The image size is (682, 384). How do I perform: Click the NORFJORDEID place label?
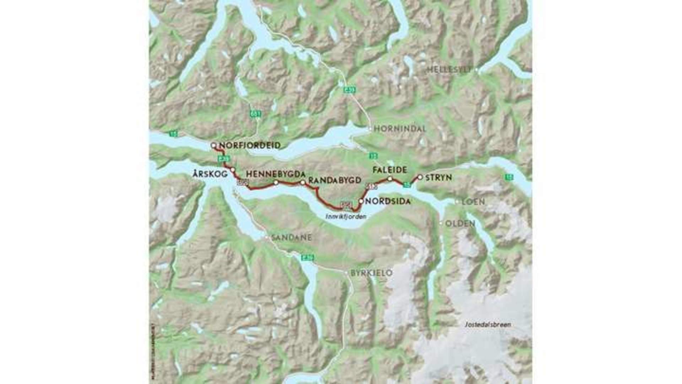point(250,145)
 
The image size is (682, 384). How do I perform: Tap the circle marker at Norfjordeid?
point(213,145)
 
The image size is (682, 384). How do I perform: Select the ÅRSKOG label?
point(210,174)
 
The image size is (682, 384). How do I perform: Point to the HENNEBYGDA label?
point(276,174)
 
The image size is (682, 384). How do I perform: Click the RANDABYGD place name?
point(335,180)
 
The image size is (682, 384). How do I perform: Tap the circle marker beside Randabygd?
point(303,183)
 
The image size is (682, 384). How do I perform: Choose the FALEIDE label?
point(389,170)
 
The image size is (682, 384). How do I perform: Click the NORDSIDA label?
point(388,201)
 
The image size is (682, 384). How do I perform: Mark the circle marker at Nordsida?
point(361,201)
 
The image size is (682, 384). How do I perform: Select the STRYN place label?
point(438,177)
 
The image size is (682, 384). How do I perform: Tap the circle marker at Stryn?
point(420,177)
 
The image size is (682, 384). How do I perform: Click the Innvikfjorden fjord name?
point(346,216)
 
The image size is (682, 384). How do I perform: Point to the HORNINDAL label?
point(399,129)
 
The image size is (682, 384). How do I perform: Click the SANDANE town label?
point(291,238)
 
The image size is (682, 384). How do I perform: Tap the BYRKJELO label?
point(371,273)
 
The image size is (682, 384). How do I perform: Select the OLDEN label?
point(460,223)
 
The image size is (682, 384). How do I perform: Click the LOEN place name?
point(473,202)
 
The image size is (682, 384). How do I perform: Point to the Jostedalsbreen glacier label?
point(488,324)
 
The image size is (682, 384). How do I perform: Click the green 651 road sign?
point(255,114)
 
